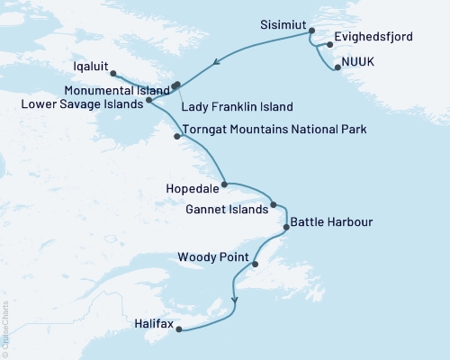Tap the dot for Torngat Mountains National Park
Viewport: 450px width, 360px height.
tap(176, 136)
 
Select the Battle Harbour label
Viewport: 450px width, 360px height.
tap(330, 221)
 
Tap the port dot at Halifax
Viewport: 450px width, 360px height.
tap(178, 329)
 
